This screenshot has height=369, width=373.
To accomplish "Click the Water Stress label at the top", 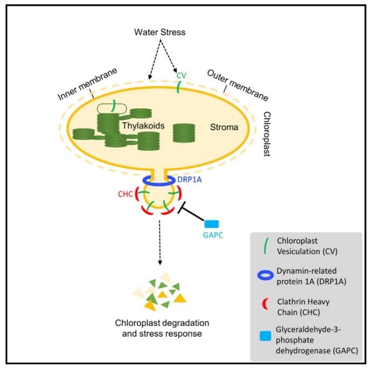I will (x=159, y=32).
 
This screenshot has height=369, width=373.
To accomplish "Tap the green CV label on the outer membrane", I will (x=181, y=75).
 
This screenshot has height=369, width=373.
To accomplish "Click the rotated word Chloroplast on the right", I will (x=268, y=134).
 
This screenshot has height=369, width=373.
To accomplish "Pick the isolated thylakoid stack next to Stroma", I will (x=185, y=133).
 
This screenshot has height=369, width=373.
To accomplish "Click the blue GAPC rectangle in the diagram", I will (x=212, y=224).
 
